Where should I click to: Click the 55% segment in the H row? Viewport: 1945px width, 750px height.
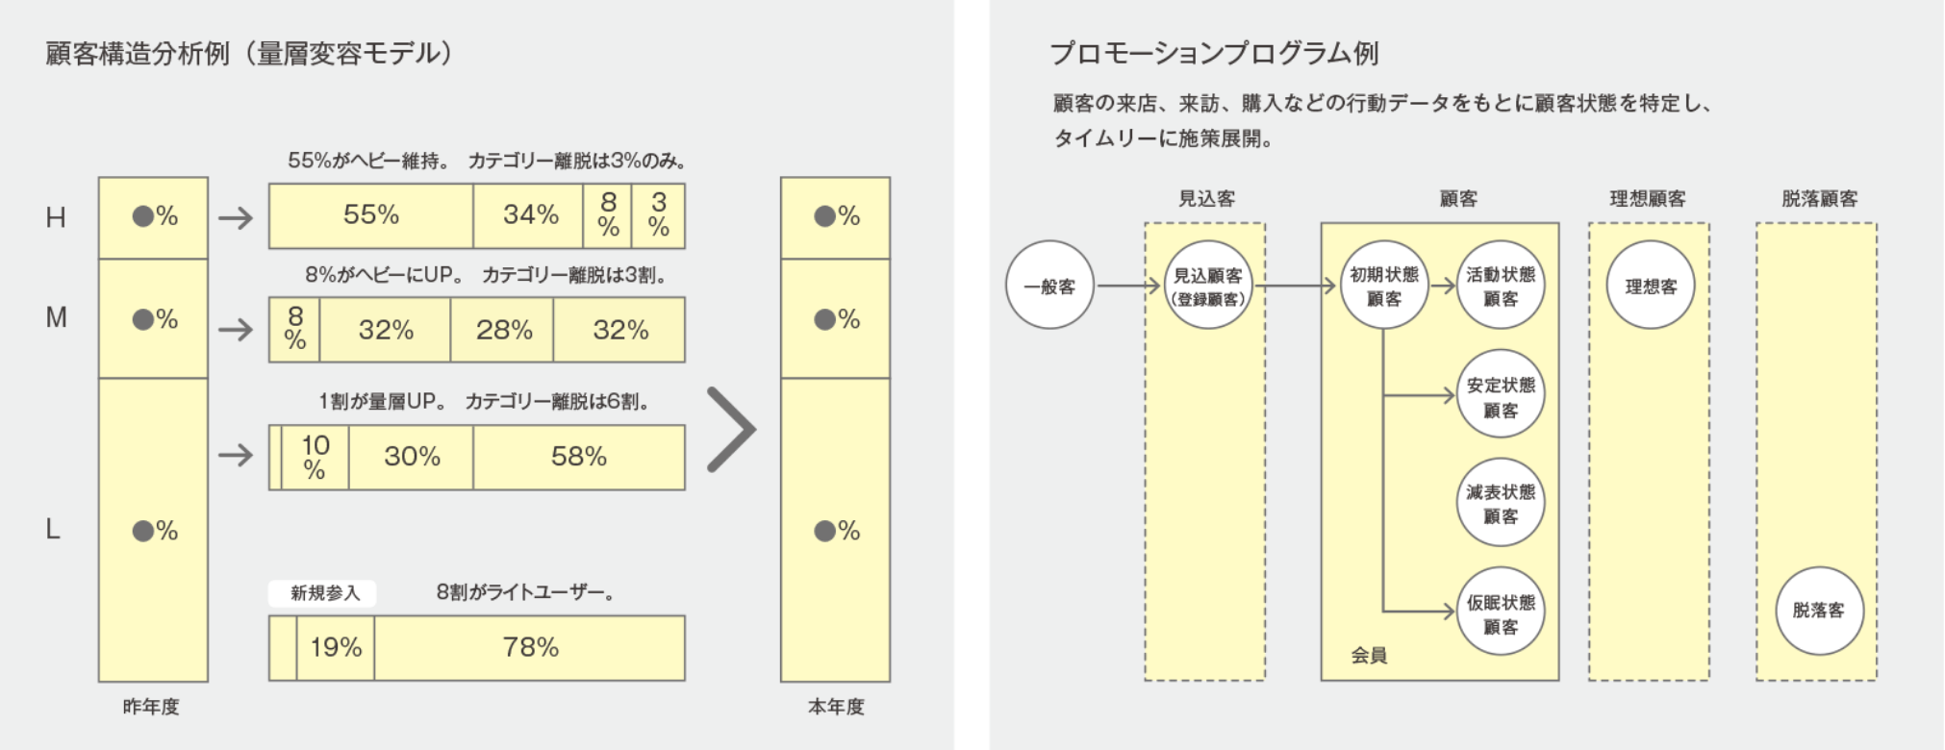(x=371, y=215)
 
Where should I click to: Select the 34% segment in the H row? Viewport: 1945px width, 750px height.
(x=530, y=215)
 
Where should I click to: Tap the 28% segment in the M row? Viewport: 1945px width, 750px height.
(x=503, y=330)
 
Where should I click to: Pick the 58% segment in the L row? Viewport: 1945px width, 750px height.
(x=578, y=457)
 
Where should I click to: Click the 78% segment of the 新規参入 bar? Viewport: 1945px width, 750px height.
(x=530, y=648)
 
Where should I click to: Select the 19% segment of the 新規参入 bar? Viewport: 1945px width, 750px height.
(x=336, y=648)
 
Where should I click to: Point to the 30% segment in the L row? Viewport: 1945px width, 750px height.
(x=412, y=457)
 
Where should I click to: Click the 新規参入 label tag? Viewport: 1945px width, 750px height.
(x=324, y=593)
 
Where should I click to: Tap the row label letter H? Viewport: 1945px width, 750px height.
(x=56, y=218)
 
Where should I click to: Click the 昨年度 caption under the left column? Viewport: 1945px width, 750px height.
(x=151, y=707)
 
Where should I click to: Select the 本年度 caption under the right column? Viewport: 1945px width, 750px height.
(x=835, y=707)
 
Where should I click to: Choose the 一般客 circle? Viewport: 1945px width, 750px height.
(x=1049, y=287)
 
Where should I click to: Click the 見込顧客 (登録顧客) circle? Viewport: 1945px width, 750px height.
(x=1208, y=286)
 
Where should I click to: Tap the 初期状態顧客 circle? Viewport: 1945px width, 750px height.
(x=1383, y=286)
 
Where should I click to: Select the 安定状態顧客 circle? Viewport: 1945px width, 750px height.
(x=1500, y=396)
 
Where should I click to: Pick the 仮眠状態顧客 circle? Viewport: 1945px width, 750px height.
(x=1500, y=613)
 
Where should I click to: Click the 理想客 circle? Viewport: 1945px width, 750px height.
(x=1650, y=286)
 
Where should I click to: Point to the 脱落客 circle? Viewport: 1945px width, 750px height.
(x=1818, y=611)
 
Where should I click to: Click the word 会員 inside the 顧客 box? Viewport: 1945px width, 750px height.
(x=1369, y=656)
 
